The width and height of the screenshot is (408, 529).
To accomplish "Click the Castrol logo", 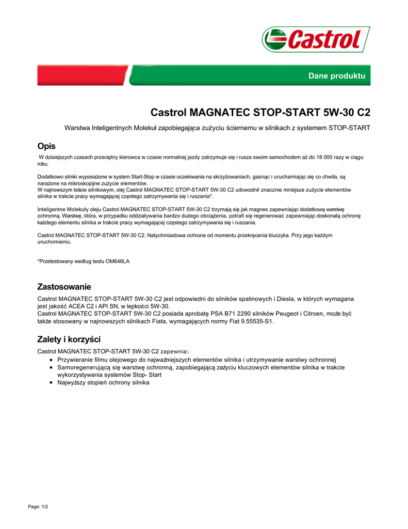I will click(x=316, y=39).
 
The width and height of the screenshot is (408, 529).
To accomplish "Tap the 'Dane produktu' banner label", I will click(x=336, y=76).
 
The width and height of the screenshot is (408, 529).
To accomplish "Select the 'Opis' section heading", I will click(x=46, y=146).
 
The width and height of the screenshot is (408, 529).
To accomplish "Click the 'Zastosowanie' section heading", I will click(x=64, y=287).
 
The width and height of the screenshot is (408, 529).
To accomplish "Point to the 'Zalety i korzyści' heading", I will click(x=69, y=339).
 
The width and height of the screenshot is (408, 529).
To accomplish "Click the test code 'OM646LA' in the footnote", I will click(x=118, y=261).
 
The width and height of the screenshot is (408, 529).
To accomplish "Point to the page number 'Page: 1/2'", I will click(x=38, y=507).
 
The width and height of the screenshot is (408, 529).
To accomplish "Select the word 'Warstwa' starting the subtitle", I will click(x=77, y=128).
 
